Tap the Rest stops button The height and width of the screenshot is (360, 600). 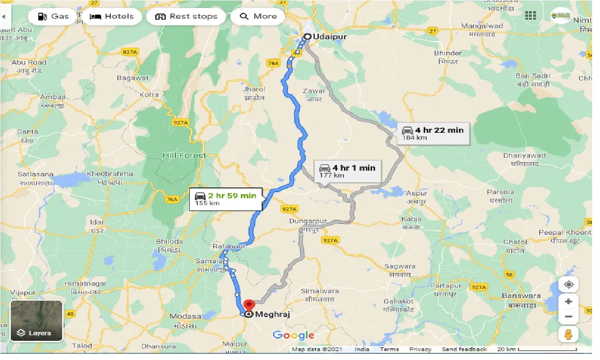[186, 16]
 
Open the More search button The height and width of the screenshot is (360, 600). [258, 16]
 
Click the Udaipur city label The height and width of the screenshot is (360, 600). [325, 36]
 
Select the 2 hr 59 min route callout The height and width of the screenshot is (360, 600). [226, 199]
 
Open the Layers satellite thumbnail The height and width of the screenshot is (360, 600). [36, 320]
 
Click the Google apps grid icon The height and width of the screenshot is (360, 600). [530, 15]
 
